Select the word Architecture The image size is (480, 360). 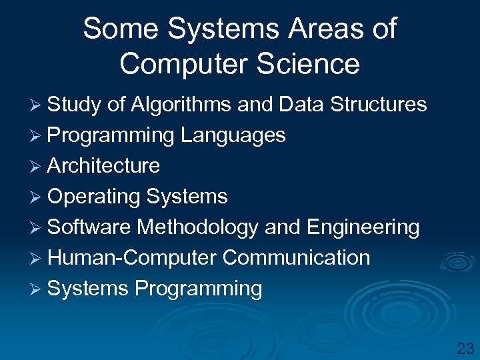104,166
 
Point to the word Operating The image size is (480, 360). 94,197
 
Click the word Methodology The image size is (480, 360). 198,227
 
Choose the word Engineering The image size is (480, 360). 363,227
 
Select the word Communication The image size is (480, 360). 296,258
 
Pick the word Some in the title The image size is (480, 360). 121,29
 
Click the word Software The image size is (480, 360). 89,227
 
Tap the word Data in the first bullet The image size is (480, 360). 302,105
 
